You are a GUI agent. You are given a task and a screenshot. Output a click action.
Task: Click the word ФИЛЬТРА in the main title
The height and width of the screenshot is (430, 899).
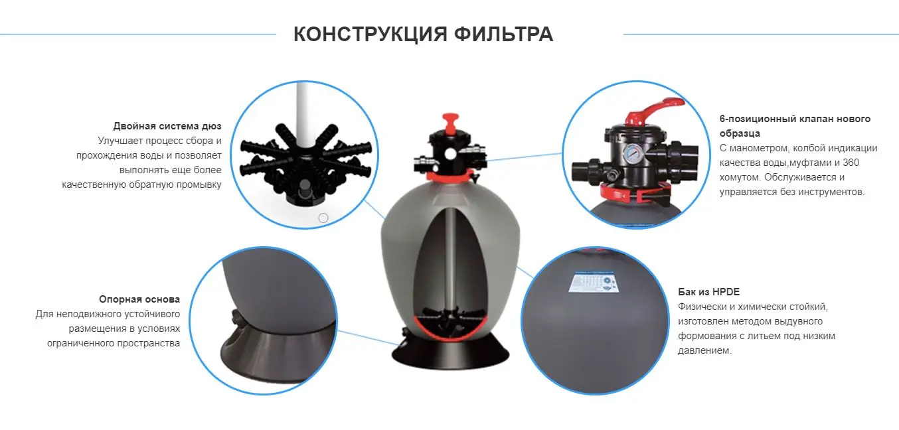(503, 35)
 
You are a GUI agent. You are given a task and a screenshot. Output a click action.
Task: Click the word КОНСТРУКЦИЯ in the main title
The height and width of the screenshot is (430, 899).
(370, 35)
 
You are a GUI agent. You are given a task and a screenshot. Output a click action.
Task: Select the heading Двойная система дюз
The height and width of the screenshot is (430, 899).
(167, 126)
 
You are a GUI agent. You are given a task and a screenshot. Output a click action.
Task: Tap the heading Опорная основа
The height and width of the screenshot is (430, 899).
(139, 299)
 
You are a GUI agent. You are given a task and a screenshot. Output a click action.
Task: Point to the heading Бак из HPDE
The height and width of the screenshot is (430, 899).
(708, 292)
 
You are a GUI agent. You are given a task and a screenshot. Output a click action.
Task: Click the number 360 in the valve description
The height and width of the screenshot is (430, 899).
(851, 163)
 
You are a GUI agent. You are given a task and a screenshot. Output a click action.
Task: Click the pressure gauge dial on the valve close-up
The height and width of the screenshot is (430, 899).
(633, 153)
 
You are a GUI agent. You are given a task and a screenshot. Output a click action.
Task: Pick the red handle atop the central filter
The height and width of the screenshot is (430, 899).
(450, 123)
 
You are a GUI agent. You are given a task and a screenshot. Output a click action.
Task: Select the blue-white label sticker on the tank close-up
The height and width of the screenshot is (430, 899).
(593, 282)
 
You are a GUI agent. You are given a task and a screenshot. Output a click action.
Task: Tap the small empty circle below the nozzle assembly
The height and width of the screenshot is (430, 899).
(323, 218)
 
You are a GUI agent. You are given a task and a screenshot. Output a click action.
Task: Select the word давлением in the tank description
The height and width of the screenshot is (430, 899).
(704, 350)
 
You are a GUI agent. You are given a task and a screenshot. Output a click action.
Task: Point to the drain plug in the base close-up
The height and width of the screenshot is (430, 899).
(236, 318)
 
